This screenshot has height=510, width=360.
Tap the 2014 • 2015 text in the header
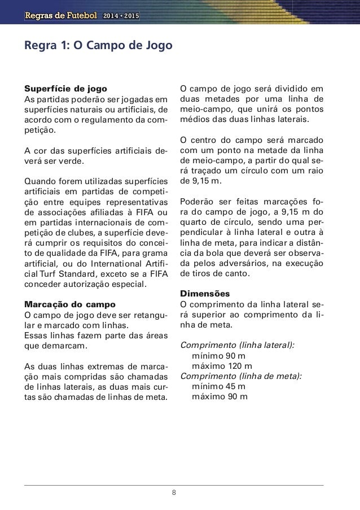tap(121, 14)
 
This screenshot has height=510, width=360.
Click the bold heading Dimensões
tap(204, 294)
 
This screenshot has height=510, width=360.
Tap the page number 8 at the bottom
tap(174, 491)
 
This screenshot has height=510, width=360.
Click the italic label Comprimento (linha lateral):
tap(236, 345)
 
